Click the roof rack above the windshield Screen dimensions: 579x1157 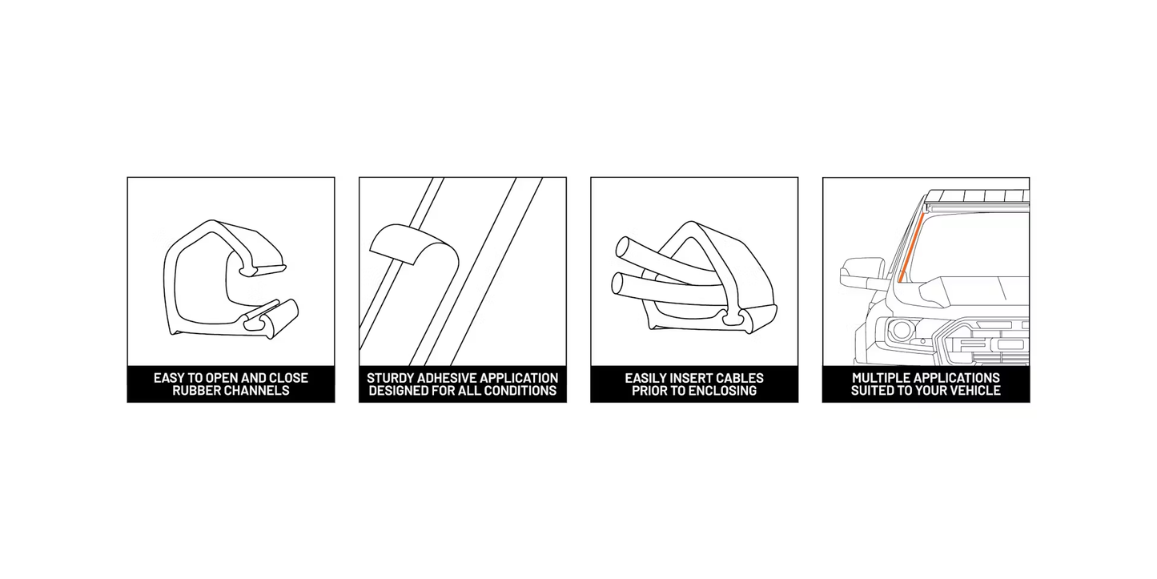pyautogui.click(x=977, y=196)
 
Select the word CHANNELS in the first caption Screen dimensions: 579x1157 pyautogui.click(x=257, y=391)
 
